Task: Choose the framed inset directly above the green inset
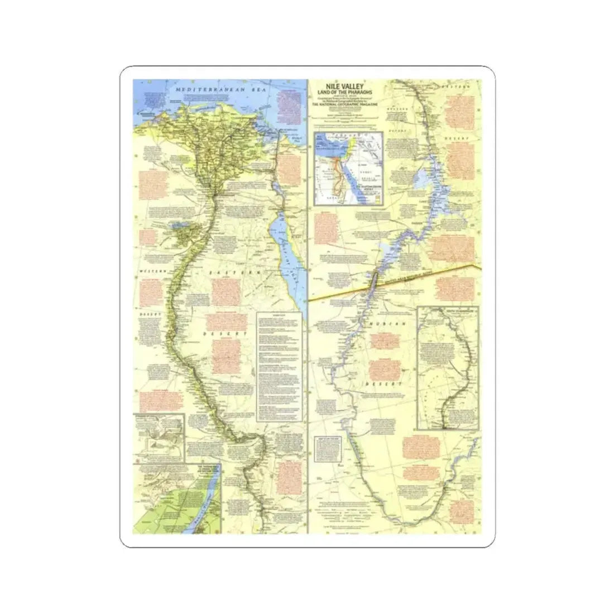159,435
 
